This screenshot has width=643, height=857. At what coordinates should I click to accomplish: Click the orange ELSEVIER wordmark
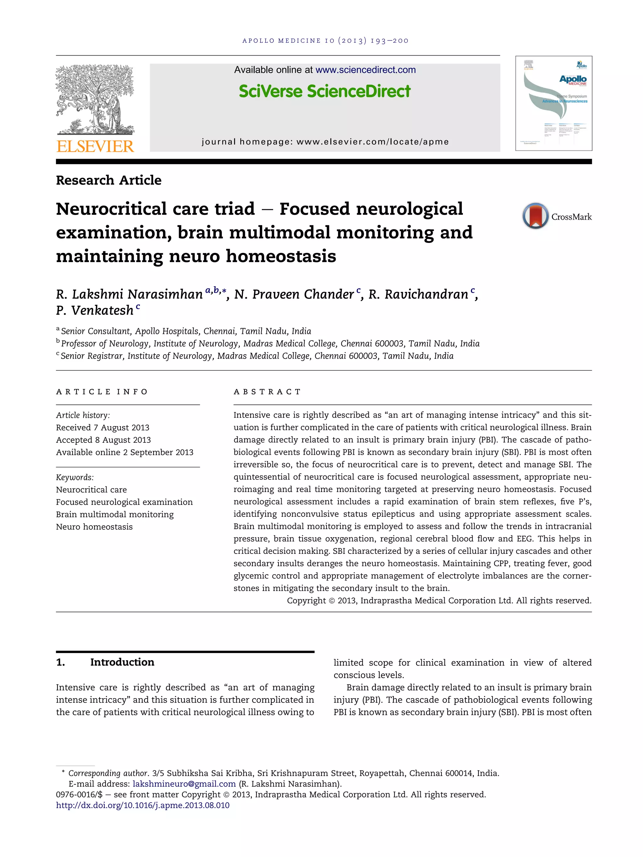click(95, 147)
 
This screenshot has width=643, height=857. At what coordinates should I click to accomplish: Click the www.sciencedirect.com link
click(365, 70)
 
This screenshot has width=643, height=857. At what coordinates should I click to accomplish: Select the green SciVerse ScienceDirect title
click(324, 91)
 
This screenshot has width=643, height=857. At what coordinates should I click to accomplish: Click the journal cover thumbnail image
click(554, 104)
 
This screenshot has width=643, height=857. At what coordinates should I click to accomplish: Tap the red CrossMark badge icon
click(535, 216)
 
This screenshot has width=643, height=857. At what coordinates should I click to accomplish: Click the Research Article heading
click(109, 180)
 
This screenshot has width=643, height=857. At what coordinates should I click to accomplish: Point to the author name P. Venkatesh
click(95, 310)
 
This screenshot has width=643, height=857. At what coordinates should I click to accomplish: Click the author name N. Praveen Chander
click(294, 294)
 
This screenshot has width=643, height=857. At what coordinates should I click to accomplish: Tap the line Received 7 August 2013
click(102, 427)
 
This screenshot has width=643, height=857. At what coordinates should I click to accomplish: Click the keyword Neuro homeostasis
click(94, 527)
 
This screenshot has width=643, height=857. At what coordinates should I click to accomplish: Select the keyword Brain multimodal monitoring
click(115, 514)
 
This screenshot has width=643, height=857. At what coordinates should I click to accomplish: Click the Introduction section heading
click(122, 662)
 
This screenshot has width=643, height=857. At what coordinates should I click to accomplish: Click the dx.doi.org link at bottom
click(143, 806)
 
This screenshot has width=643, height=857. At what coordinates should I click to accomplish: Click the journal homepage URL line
click(325, 142)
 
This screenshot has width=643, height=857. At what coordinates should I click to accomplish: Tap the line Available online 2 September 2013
click(124, 452)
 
